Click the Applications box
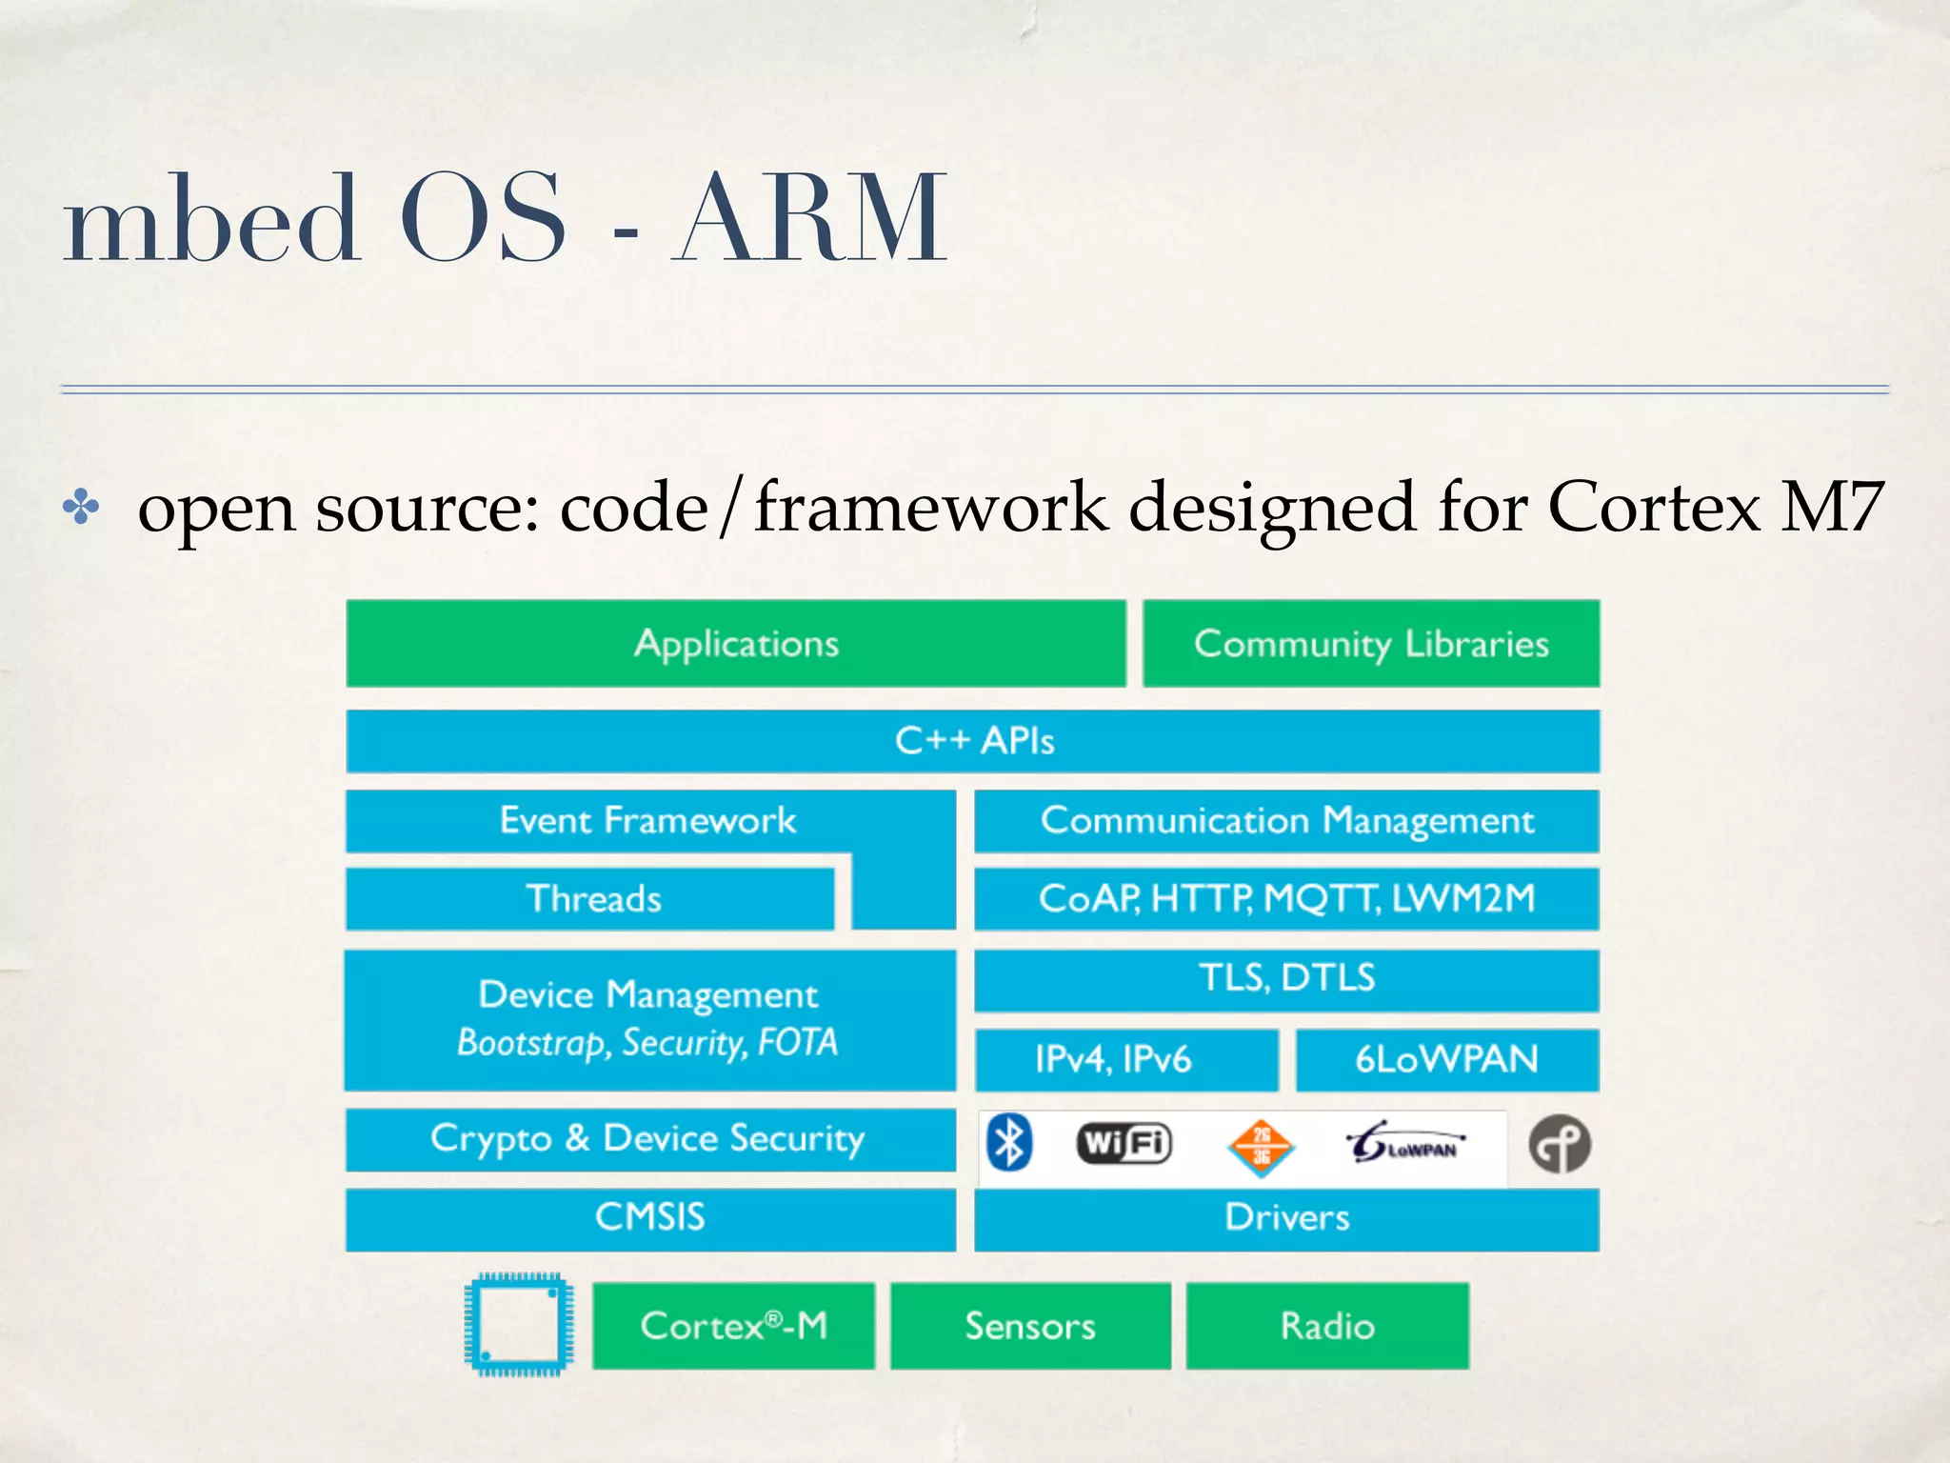(x=736, y=644)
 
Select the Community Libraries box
(x=1371, y=644)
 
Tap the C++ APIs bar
(x=973, y=741)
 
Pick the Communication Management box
(x=1286, y=820)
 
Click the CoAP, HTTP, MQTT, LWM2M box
(x=1286, y=898)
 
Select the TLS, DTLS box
(x=1286, y=978)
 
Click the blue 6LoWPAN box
(x=1446, y=1059)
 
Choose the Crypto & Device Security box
(x=649, y=1138)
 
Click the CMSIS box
(x=649, y=1217)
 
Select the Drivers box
(x=1286, y=1217)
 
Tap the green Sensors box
(x=1030, y=1326)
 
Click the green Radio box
(x=1327, y=1326)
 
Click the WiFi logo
(x=1124, y=1143)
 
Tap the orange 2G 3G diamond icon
(x=1261, y=1147)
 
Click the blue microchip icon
(x=519, y=1324)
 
